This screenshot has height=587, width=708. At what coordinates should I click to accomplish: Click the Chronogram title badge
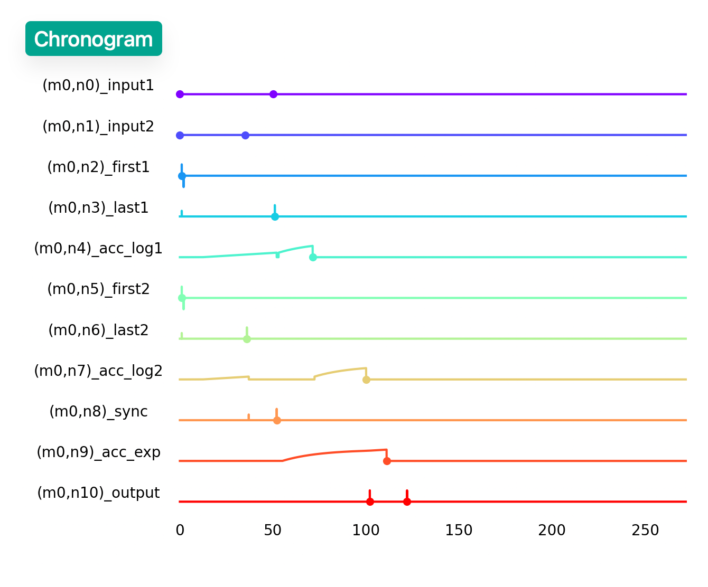[94, 39]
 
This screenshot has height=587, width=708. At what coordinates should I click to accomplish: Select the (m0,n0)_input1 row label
[98, 85]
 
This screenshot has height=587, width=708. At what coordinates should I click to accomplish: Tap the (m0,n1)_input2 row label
[98, 126]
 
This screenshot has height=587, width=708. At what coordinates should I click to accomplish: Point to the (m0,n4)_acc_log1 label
[98, 248]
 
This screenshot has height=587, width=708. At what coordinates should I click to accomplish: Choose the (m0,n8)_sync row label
[98, 411]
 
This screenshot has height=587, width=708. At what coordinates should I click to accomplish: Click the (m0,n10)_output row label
[98, 493]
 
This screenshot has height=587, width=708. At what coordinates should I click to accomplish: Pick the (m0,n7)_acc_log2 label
[98, 371]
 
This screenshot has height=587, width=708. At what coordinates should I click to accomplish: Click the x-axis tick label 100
[366, 530]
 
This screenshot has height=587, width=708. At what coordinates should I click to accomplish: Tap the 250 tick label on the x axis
[645, 530]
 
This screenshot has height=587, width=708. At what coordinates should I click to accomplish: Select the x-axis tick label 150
[459, 530]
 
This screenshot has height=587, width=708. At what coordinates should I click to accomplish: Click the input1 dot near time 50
[273, 94]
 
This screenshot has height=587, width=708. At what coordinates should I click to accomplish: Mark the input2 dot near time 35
[245, 135]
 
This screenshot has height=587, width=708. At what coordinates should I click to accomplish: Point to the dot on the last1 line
[275, 216]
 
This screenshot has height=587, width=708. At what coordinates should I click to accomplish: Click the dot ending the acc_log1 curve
[313, 257]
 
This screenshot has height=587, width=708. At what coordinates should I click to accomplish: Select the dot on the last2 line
[247, 339]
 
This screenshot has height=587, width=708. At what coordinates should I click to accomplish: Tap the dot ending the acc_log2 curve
[366, 380]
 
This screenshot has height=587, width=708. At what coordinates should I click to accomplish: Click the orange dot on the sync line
[277, 420]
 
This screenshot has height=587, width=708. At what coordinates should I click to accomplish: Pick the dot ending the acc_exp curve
[387, 461]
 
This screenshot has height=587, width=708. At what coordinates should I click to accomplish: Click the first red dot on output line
[370, 501]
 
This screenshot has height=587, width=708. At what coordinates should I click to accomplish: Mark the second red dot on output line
[407, 501]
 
